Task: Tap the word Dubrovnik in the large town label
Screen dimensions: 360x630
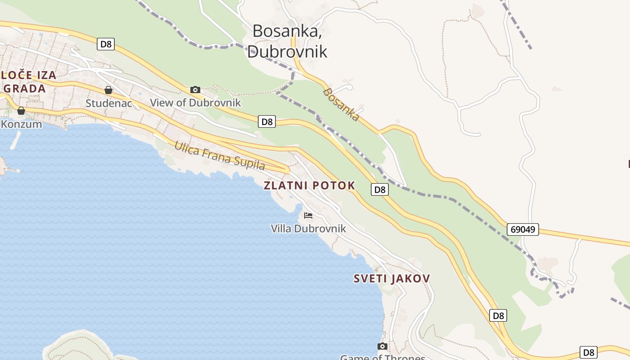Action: [287, 51]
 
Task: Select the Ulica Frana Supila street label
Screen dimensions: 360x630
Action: [220, 156]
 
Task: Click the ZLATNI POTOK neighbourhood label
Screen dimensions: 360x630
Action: [309, 185]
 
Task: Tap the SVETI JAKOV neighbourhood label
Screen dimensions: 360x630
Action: [391, 279]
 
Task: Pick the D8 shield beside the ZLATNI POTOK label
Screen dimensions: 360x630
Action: [380, 189]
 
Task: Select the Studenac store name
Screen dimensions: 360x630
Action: [109, 103]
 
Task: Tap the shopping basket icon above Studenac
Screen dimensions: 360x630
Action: [108, 90]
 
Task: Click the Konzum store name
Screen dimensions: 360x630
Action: [21, 124]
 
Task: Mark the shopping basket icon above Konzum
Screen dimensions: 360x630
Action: [21, 111]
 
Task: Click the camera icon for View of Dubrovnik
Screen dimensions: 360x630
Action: [195, 90]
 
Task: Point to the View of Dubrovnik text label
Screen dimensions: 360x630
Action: [195, 103]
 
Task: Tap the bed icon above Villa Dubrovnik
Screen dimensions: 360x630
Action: [308, 216]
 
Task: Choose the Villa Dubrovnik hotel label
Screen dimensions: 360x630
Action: [308, 229]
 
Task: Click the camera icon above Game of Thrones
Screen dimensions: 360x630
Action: [382, 346]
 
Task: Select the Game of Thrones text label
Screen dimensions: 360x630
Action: [382, 357]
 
